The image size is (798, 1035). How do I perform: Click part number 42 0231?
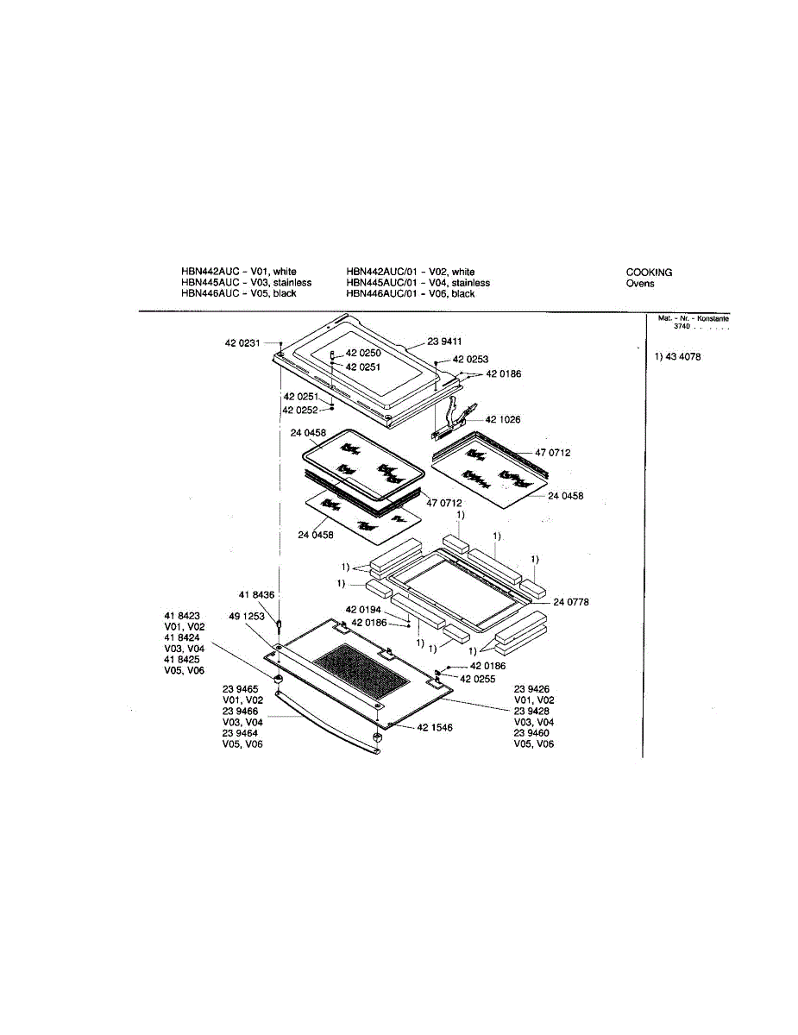pos(242,343)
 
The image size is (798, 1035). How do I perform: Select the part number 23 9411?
pos(445,341)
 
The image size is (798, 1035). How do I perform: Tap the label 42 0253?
pos(470,359)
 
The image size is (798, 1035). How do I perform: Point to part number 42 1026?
pos(503,420)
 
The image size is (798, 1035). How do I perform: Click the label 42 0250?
pos(363,354)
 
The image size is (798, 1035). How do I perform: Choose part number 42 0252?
pos(300,410)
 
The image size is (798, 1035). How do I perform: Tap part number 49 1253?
pos(247,617)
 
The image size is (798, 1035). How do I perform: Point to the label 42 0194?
pos(363,610)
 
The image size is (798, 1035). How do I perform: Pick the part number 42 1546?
pos(435,728)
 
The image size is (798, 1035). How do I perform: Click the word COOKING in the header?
pos(649,273)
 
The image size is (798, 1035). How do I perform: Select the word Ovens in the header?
pos(640,283)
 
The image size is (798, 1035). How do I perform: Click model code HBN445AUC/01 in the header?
pos(382,283)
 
